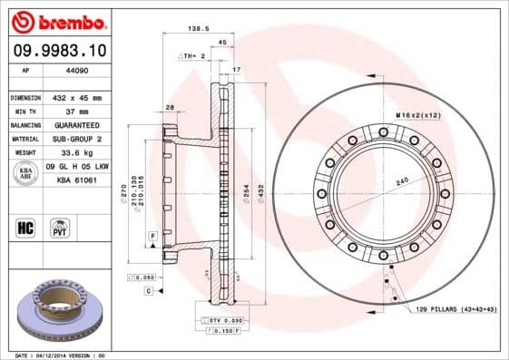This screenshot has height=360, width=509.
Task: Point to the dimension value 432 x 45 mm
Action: click(79, 97)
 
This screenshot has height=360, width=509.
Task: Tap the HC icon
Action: click(24, 226)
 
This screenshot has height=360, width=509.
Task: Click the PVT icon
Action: click(60, 227)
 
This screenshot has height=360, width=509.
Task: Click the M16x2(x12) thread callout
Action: click(416, 116)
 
